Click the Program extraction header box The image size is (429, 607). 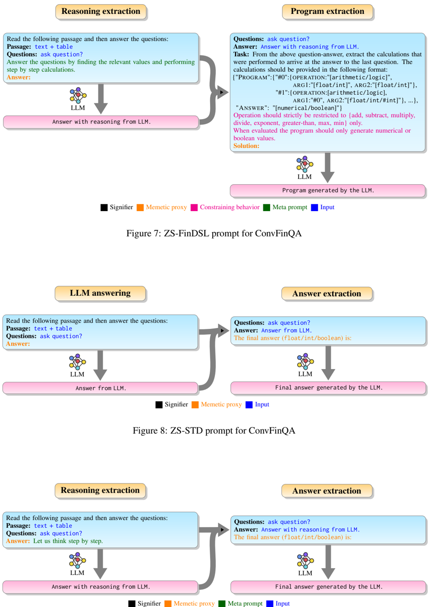[x=327, y=11]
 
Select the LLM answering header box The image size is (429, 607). [x=100, y=293]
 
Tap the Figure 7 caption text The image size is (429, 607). [x=214, y=234]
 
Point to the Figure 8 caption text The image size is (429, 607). [x=214, y=430]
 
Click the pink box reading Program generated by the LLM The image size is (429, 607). [x=327, y=191]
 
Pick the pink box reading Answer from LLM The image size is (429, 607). [x=101, y=388]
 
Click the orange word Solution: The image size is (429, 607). [x=247, y=146]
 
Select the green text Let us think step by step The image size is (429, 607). [x=68, y=541]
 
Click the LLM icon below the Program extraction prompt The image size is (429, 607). [x=305, y=165]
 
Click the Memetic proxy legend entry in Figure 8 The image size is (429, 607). [x=216, y=405]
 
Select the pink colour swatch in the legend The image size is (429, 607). [x=194, y=208]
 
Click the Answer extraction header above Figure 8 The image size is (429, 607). [x=327, y=293]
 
